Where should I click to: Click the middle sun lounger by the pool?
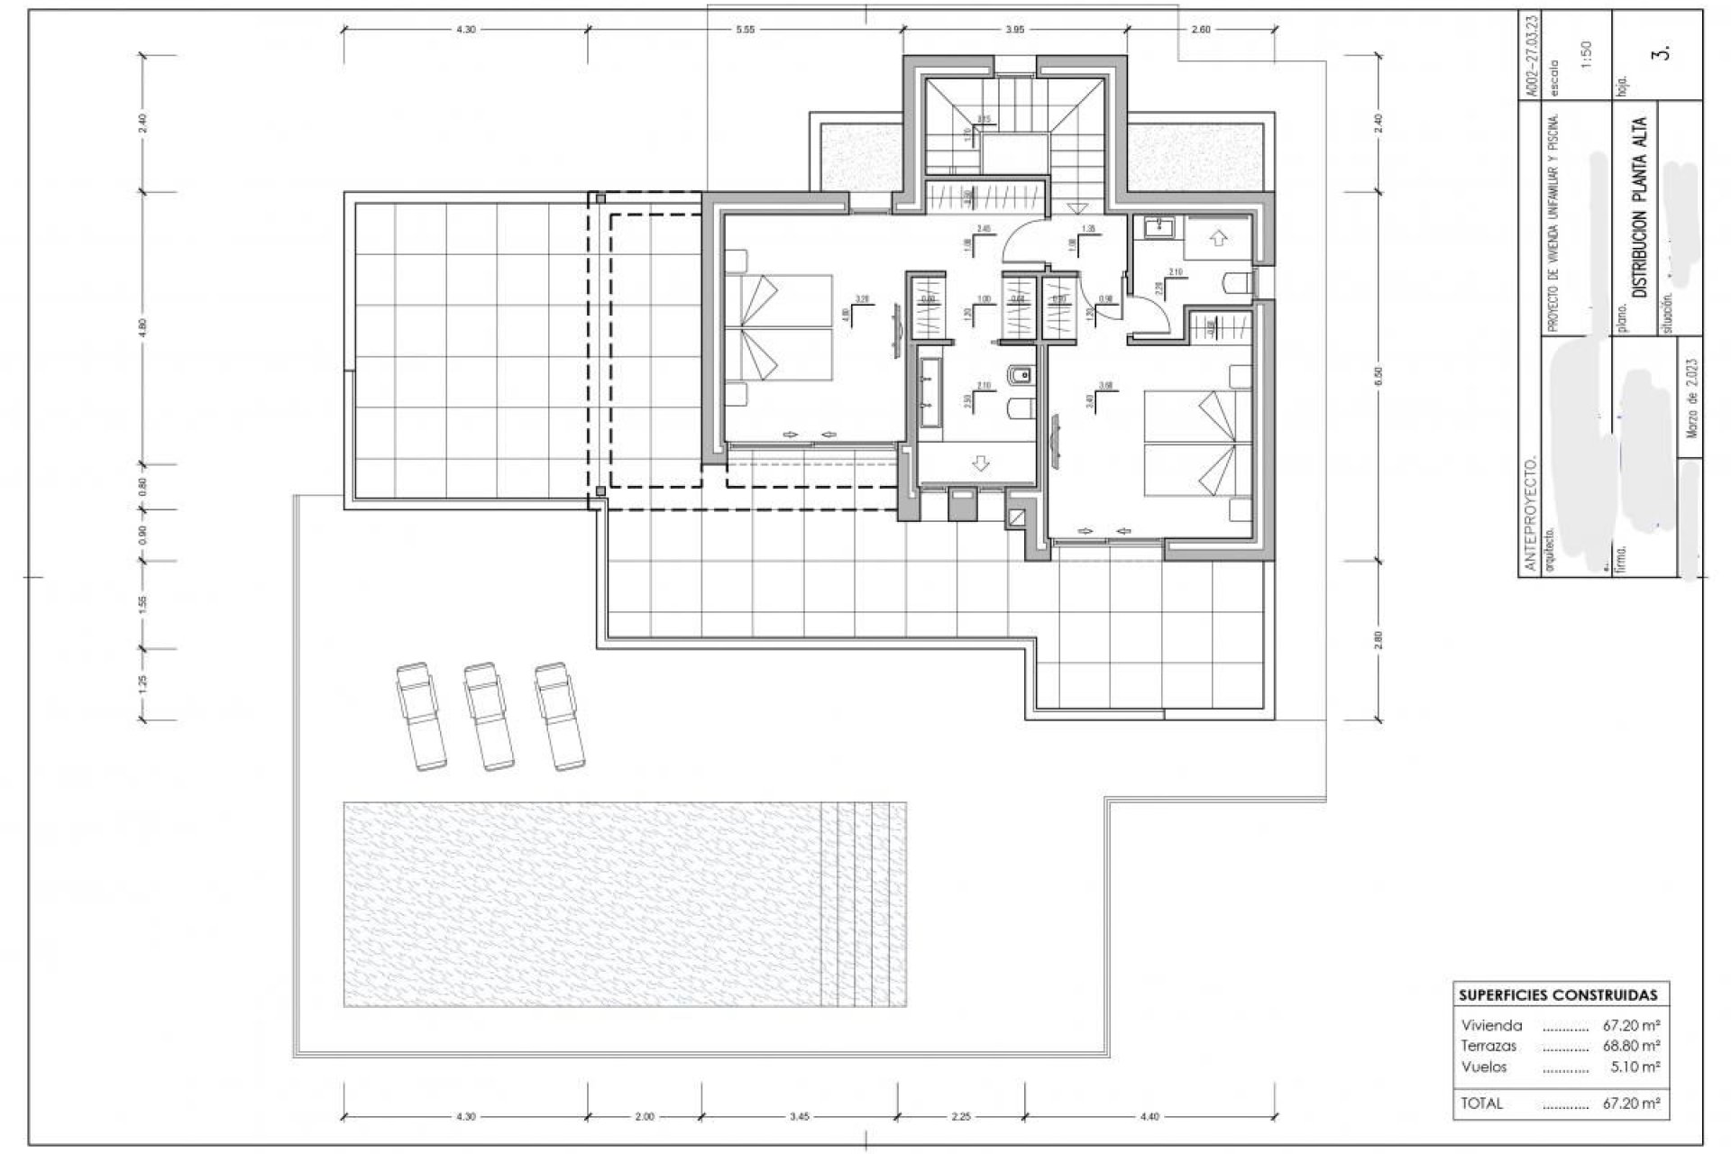pyautogui.click(x=488, y=717)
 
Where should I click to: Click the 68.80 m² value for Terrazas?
pyautogui.click(x=1631, y=1046)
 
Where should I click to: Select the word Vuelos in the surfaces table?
pyautogui.click(x=1484, y=1067)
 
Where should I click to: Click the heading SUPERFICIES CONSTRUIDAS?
pyautogui.click(x=1558, y=995)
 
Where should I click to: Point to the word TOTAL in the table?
pyautogui.click(x=1482, y=1103)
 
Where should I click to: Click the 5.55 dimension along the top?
pyautogui.click(x=745, y=30)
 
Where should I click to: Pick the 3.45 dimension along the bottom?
pyautogui.click(x=799, y=1116)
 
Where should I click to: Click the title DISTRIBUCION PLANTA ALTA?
pyautogui.click(x=1640, y=206)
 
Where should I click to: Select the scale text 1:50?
pyautogui.click(x=1587, y=54)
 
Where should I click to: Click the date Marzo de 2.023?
pyautogui.click(x=1691, y=397)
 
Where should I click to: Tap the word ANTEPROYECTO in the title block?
pyautogui.click(x=1529, y=514)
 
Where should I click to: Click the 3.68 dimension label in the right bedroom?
pyautogui.click(x=1106, y=386)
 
